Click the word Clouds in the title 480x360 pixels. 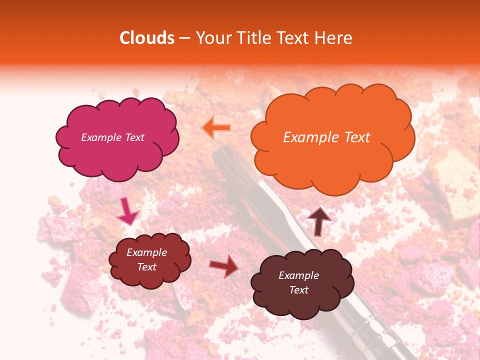click(x=147, y=38)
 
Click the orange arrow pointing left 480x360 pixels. click(x=216, y=128)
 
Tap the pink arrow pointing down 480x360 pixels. click(x=127, y=211)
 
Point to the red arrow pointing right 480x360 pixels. click(x=224, y=266)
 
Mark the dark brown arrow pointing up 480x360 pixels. click(x=319, y=221)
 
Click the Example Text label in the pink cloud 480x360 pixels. click(x=112, y=137)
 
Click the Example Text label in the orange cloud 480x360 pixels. click(x=326, y=137)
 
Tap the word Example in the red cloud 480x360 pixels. click(x=146, y=252)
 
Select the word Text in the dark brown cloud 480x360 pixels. click(x=298, y=290)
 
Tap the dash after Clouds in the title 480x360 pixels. click(x=184, y=38)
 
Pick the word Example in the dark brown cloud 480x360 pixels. click(x=298, y=275)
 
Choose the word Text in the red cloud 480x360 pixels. click(x=146, y=267)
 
